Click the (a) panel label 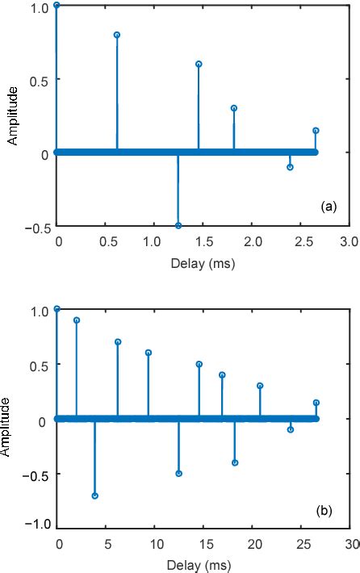tap(328, 207)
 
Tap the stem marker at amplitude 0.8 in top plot tap(117, 35)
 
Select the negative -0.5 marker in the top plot tap(178, 225)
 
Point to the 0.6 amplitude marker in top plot tap(199, 64)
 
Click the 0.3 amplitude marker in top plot tap(234, 107)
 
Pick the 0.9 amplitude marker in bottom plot tap(77, 320)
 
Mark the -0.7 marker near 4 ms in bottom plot tap(95, 496)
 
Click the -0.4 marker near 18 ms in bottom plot tap(235, 462)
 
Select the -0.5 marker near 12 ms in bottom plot tap(179, 474)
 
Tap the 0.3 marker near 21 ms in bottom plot tap(260, 386)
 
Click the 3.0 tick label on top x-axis tap(348, 242)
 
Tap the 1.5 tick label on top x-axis tap(203, 242)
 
